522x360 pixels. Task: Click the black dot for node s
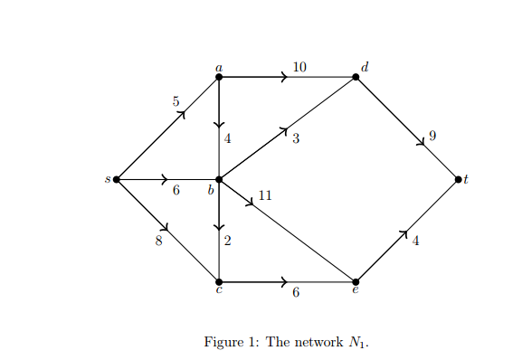(x=117, y=179)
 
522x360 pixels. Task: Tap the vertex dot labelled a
(x=219, y=77)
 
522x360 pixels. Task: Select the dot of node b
(x=219, y=179)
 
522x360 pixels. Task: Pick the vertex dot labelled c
(x=219, y=281)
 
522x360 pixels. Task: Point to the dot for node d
(x=356, y=77)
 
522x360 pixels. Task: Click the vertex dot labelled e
(x=356, y=281)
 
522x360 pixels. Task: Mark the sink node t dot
(x=458, y=179)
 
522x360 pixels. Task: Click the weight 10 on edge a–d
(x=299, y=67)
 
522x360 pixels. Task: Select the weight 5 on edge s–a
(x=176, y=101)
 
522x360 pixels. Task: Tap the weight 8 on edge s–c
(x=158, y=241)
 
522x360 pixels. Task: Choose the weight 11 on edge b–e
(x=265, y=194)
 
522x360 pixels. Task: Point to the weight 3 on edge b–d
(x=296, y=139)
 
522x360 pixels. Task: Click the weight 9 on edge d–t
(x=432, y=136)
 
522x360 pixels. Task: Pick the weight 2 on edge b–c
(x=227, y=241)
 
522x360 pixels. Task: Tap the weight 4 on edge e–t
(x=415, y=241)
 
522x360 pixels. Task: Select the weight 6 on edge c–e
(x=296, y=293)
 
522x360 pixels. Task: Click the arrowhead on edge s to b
(x=164, y=179)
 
